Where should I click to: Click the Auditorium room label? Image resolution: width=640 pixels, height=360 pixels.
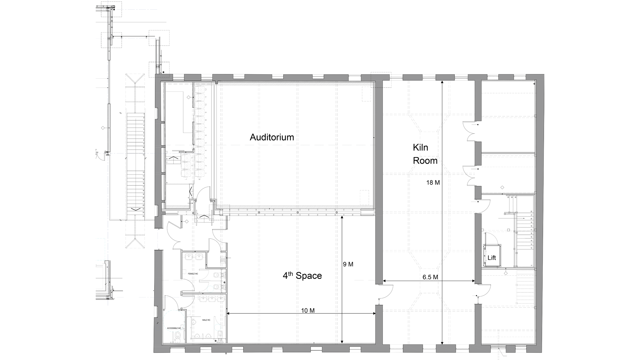[x=272, y=137]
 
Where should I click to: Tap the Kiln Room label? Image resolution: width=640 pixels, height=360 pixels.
[x=425, y=154]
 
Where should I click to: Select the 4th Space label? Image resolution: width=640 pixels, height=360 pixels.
[x=302, y=276]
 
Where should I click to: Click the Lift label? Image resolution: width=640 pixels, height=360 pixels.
[x=492, y=258]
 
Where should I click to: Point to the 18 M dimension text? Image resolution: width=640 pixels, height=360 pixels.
[x=433, y=182]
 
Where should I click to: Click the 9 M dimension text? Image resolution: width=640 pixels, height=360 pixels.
[x=348, y=264]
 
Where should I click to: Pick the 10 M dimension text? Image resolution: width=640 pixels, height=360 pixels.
[x=308, y=311]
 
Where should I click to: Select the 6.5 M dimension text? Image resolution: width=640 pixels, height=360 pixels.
[x=430, y=277]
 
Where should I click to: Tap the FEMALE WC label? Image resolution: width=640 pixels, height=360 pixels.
[x=193, y=274]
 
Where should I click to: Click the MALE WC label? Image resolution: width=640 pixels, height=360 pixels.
[x=206, y=320]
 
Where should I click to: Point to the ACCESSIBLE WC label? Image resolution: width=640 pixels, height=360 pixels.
[x=174, y=328]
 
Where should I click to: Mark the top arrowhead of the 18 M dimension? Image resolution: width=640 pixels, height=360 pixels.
[x=442, y=82]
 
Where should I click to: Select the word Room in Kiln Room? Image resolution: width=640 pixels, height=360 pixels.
[x=425, y=161]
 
